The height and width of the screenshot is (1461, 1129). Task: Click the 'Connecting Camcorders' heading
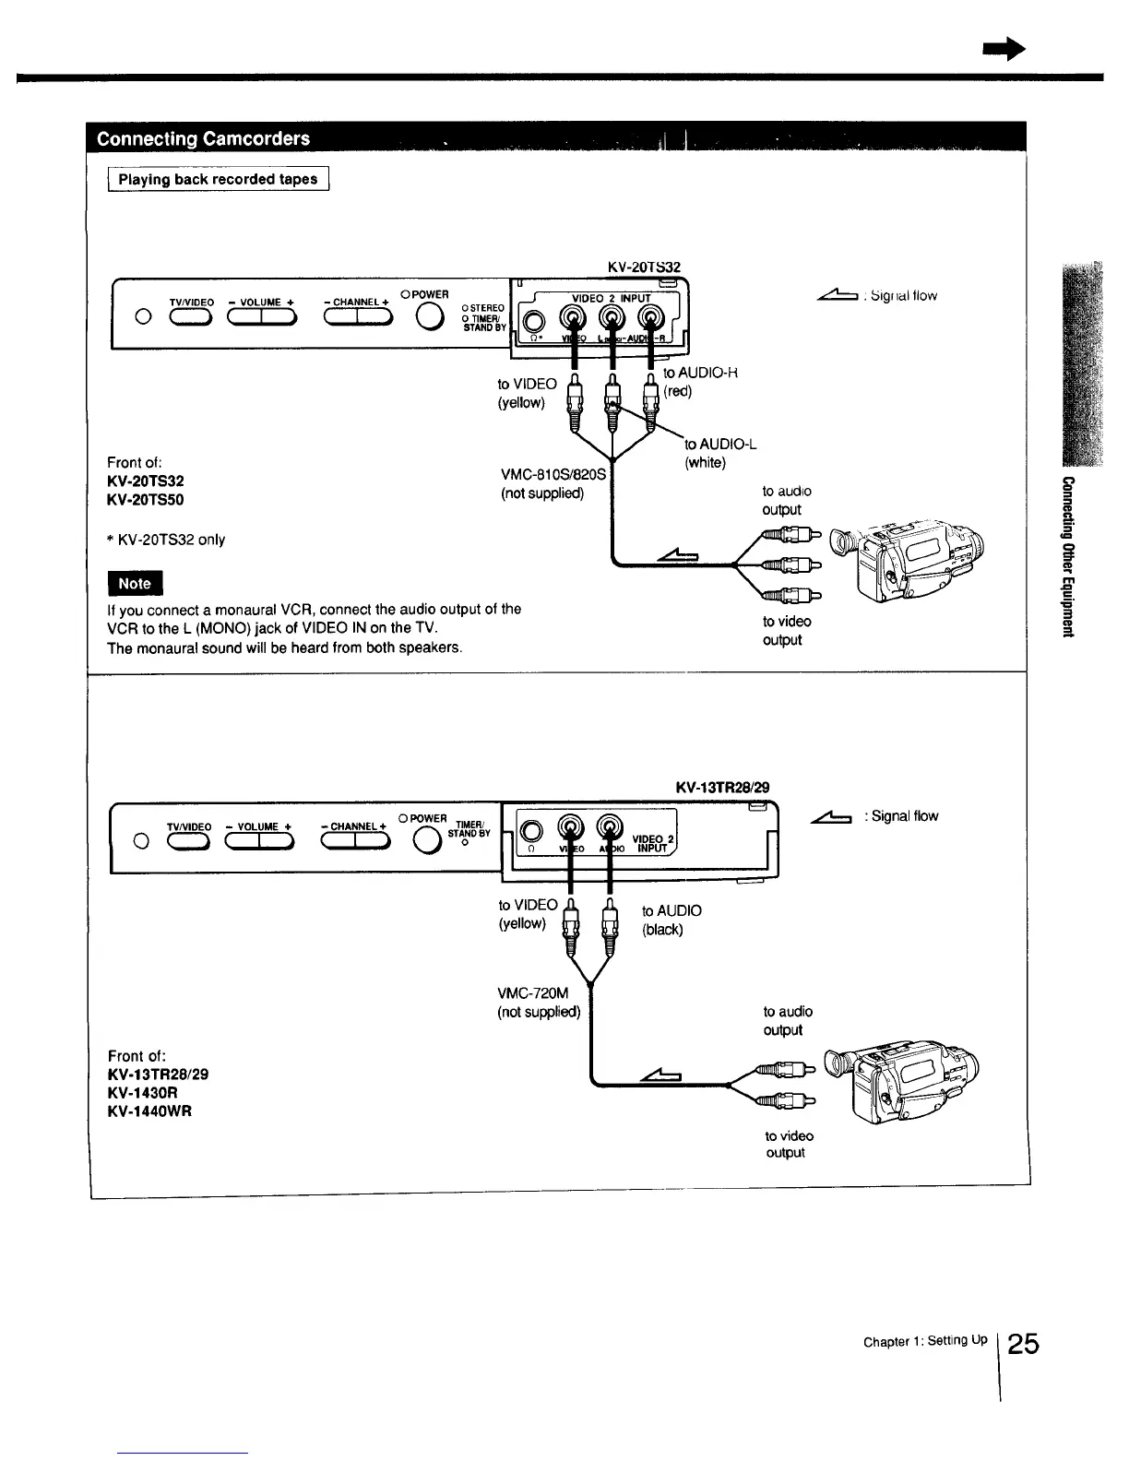point(203,139)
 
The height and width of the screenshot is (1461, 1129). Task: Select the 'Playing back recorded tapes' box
point(218,179)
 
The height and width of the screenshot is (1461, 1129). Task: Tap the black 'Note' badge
point(135,583)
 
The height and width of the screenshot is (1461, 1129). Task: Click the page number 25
point(1023,1343)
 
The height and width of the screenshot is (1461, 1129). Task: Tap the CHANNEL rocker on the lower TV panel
point(354,841)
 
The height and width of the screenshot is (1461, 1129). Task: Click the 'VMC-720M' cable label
point(533,992)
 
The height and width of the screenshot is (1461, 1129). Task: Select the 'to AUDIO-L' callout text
point(719,445)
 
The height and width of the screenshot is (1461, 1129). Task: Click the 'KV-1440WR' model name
point(149,1111)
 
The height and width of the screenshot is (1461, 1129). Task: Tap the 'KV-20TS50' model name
point(146,499)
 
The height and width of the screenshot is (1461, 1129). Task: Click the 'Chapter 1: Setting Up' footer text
point(924,1341)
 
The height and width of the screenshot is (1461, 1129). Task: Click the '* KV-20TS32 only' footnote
point(166,540)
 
